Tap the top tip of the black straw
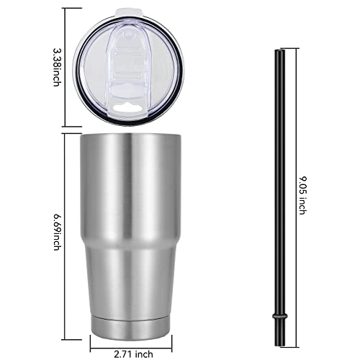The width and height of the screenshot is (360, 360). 279,50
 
